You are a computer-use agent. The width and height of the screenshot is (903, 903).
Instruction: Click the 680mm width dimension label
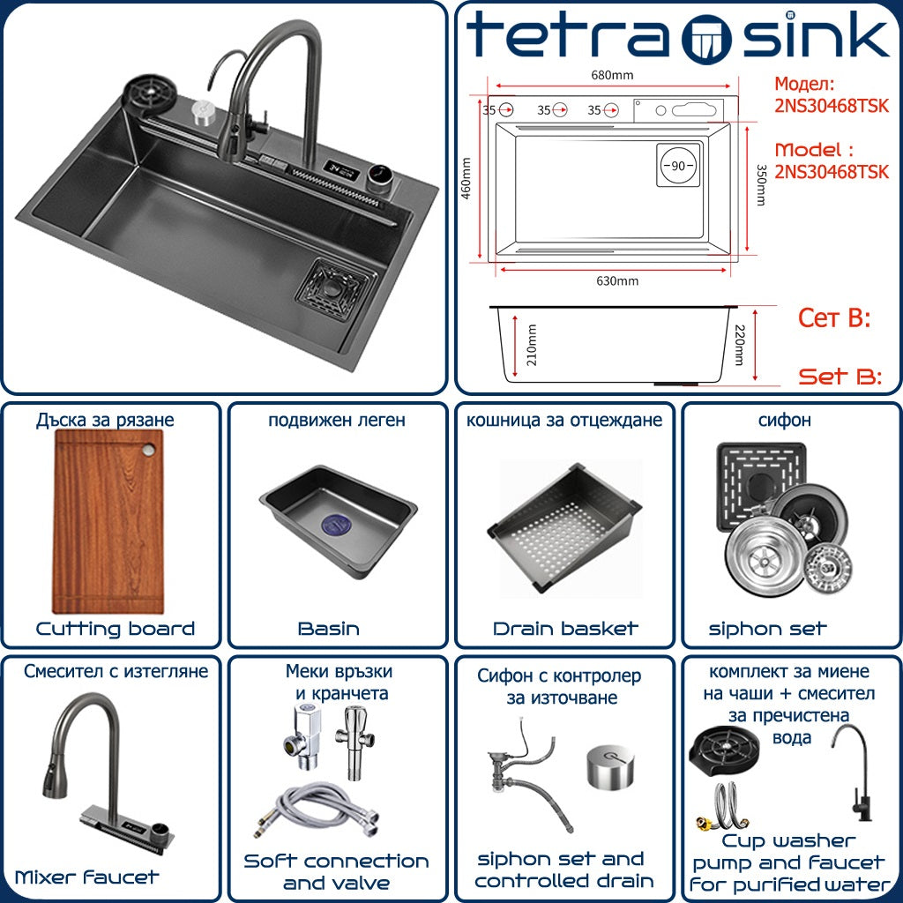point(612,75)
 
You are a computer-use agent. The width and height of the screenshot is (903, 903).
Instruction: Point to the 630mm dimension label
point(616,281)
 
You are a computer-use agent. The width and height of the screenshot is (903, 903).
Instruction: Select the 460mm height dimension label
point(466,178)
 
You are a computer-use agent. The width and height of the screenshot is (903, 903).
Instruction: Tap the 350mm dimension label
point(761,185)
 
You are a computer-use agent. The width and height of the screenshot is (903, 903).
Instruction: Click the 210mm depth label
point(532,345)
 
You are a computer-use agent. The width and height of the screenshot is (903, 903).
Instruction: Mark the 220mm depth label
point(740,345)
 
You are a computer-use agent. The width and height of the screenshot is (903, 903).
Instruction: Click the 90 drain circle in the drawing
point(678,165)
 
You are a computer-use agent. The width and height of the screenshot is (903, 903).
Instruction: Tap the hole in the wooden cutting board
point(149,449)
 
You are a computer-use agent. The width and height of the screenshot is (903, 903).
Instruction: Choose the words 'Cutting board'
point(116,628)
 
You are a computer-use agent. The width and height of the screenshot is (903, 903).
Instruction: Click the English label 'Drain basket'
point(565,628)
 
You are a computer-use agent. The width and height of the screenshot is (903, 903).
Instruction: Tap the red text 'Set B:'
point(840,377)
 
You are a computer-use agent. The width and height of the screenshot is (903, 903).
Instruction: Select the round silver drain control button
point(611,766)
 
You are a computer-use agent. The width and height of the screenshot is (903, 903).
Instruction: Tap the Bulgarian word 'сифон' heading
point(784,421)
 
